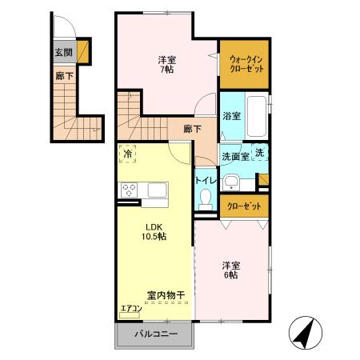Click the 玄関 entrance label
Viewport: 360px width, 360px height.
click(x=62, y=52)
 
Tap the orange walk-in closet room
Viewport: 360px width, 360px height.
click(x=243, y=64)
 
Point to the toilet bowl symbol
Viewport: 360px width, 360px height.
click(x=205, y=198)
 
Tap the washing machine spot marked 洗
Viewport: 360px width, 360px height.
click(x=261, y=152)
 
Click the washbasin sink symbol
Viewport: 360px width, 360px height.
click(x=234, y=179)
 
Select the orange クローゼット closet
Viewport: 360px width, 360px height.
click(x=243, y=206)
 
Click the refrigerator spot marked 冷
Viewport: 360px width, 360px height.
click(x=128, y=153)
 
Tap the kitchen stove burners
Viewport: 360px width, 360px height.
click(x=129, y=190)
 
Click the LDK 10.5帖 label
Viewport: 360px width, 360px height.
click(x=155, y=231)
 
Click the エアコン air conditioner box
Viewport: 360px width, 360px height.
click(x=130, y=308)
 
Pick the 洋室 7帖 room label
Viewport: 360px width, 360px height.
click(x=167, y=64)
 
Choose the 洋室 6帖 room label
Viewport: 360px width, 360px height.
click(x=231, y=270)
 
